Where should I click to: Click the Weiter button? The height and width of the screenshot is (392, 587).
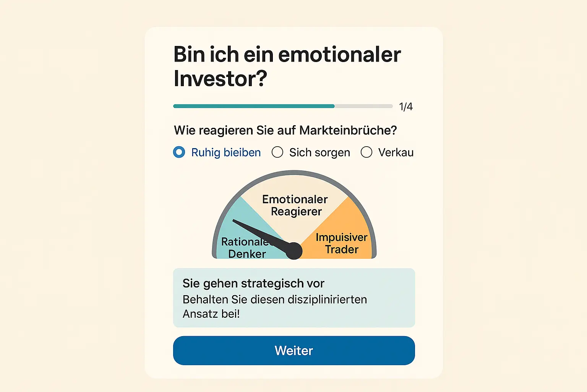(293, 350)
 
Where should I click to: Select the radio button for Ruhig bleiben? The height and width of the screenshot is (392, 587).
(179, 152)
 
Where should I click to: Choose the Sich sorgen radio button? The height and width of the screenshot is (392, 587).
(277, 152)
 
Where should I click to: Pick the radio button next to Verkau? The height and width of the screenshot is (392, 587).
(366, 152)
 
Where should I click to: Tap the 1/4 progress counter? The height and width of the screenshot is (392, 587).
(405, 106)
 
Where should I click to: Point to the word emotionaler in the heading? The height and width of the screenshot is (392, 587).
(339, 54)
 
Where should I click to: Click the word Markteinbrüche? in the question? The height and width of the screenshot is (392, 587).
(348, 130)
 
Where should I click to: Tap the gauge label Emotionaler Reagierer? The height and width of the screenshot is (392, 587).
(295, 205)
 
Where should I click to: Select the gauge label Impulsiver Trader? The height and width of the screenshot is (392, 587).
(341, 243)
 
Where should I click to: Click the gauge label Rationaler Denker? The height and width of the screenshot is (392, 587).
(246, 248)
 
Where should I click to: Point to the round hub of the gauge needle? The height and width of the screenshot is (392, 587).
(293, 251)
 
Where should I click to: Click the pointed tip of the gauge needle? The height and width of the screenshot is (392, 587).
(234, 221)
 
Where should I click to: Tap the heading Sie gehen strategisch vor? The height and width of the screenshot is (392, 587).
(253, 283)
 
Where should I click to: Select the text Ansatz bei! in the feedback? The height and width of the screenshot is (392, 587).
(211, 314)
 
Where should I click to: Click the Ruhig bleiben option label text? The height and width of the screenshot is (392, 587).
(226, 152)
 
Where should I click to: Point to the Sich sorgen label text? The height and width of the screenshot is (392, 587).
(319, 152)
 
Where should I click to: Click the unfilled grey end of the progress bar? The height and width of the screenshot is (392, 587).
(363, 106)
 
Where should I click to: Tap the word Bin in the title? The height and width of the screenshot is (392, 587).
(190, 54)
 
